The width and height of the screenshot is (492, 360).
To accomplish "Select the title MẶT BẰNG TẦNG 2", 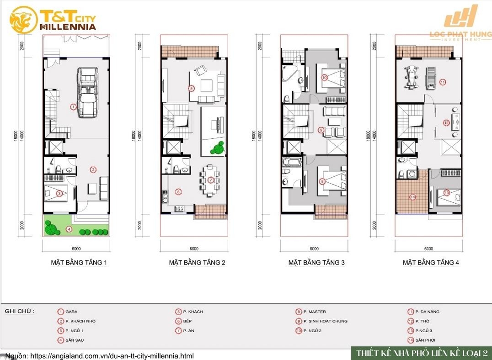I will point(197,263).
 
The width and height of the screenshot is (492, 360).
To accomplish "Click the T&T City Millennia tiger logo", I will point(23,20).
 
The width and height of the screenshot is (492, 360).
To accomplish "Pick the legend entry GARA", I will point(71,312).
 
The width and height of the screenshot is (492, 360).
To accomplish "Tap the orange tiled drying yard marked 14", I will point(412,192).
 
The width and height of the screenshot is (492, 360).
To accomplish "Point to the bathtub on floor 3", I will point(292,162).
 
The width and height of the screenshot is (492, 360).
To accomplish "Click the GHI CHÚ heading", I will point(19,312).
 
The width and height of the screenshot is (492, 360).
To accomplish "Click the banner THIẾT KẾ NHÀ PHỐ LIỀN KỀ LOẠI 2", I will point(421,353).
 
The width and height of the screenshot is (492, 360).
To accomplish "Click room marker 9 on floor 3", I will point(321,130).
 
